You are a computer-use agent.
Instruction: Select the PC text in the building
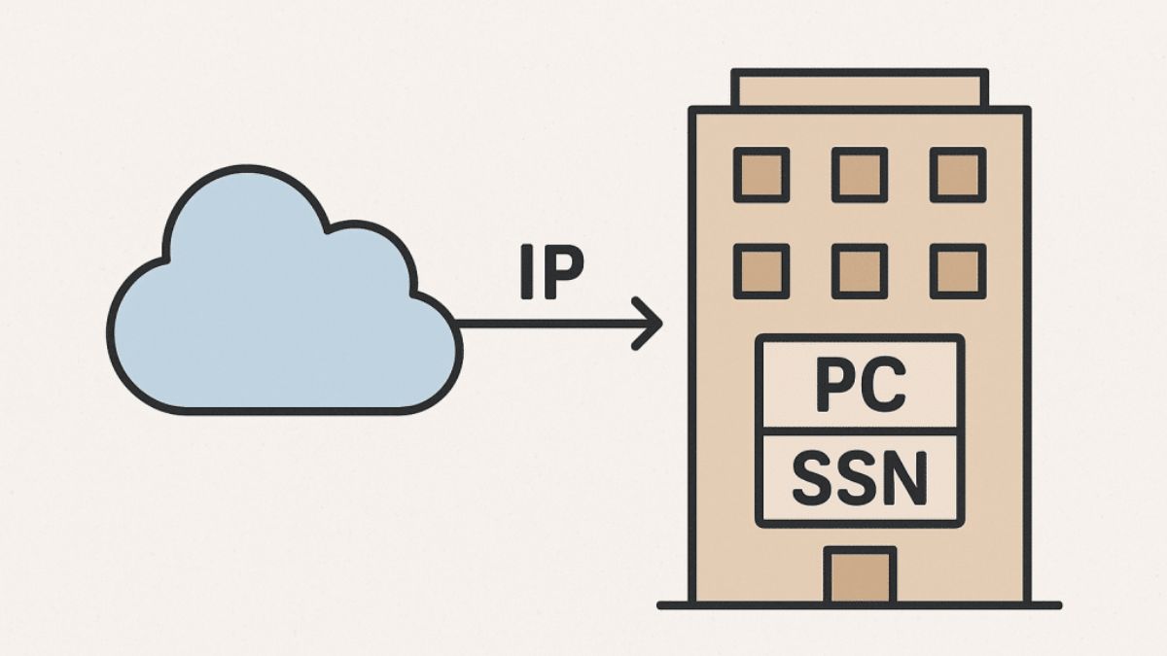click(860, 386)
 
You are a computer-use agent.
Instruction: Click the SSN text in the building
click(860, 478)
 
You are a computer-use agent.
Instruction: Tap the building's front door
click(859, 575)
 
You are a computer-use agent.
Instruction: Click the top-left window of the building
click(761, 175)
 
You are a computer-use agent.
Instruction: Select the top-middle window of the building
click(860, 175)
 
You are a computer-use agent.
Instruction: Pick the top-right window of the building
click(958, 175)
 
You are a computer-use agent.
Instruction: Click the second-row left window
click(761, 270)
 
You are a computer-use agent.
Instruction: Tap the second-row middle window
click(860, 270)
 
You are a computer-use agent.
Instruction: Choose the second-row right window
click(958, 270)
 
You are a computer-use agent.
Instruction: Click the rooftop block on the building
click(860, 88)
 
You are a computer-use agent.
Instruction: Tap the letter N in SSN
click(905, 478)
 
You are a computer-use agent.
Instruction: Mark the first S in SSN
click(812, 478)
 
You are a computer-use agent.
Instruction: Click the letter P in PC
click(834, 386)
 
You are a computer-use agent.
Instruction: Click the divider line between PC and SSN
click(860, 431)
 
